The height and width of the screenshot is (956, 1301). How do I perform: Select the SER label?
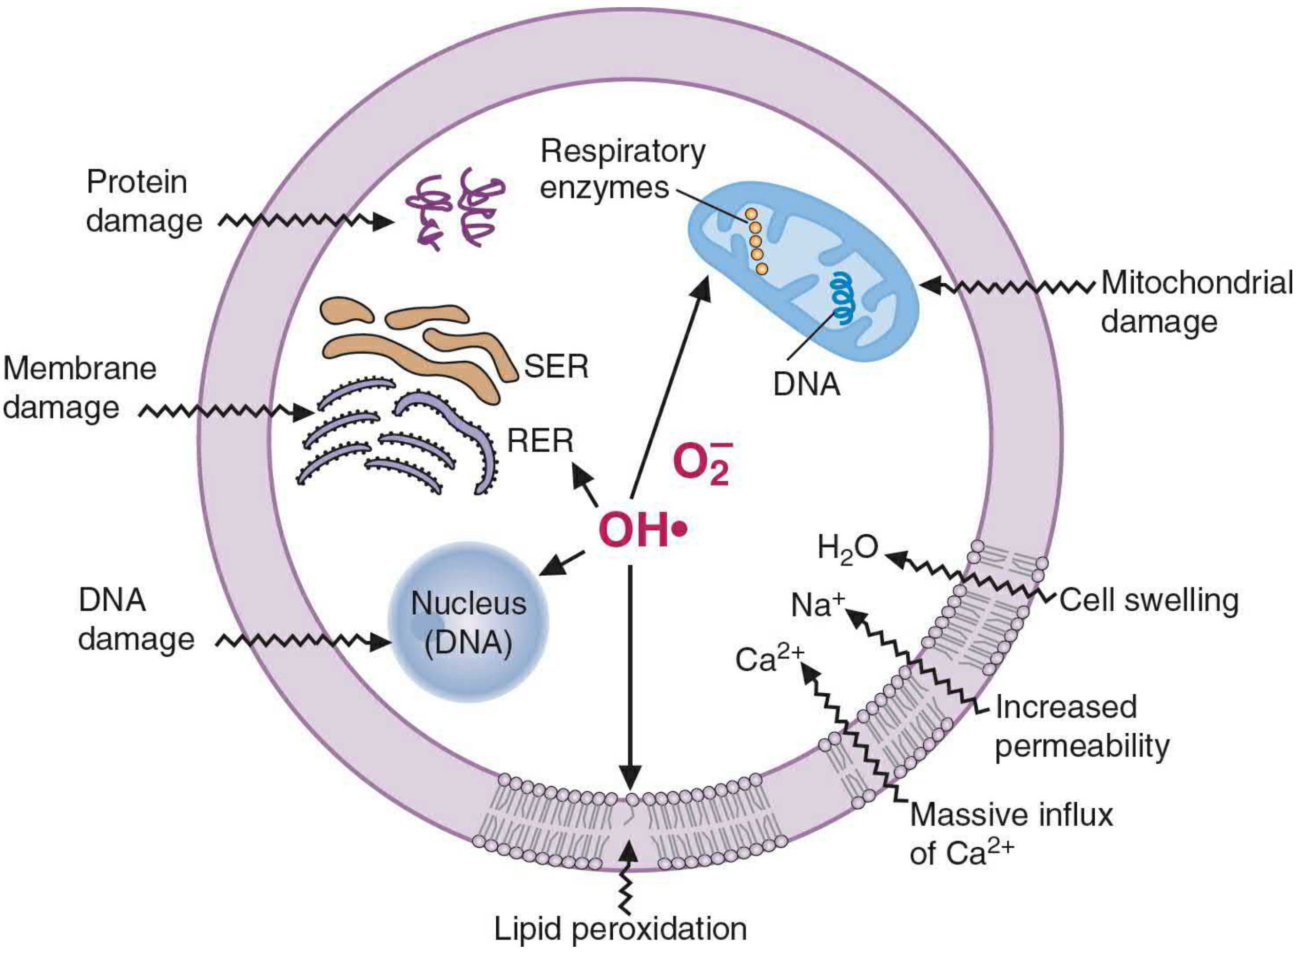click(x=556, y=366)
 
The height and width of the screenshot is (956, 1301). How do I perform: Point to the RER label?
click(x=540, y=441)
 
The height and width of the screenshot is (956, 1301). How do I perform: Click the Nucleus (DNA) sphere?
click(x=468, y=622)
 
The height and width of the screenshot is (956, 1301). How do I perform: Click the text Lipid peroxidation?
click(x=620, y=929)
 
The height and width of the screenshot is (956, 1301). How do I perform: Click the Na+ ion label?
click(x=817, y=604)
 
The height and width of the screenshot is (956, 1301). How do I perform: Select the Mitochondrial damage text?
click(x=1197, y=302)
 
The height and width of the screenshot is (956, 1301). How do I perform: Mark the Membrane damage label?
click(x=80, y=388)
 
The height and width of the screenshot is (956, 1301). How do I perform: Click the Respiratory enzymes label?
click(x=623, y=169)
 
